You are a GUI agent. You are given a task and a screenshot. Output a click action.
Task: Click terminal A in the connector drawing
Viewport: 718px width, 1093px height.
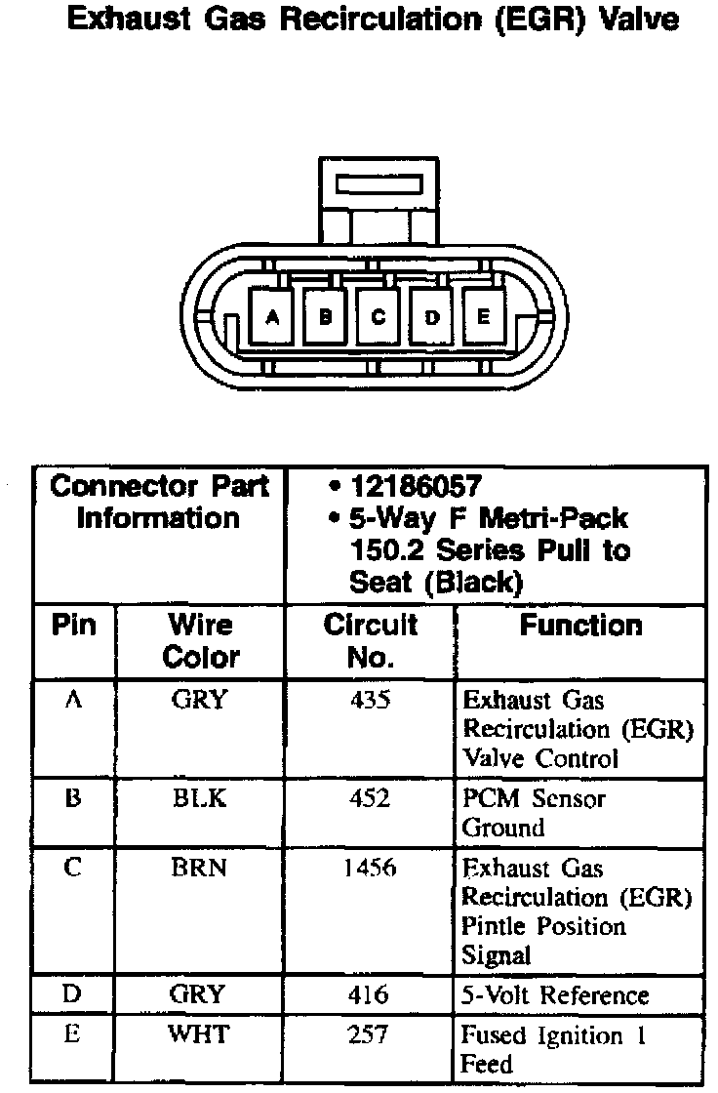[272, 315]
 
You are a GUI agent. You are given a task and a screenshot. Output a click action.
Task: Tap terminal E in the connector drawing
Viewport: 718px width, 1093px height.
[484, 315]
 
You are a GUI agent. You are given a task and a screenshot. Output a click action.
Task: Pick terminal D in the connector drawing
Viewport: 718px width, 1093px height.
[431, 315]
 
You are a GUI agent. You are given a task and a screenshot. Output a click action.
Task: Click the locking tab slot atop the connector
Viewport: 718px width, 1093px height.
[378, 184]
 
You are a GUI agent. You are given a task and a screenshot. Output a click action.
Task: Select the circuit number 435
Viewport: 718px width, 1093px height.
[369, 701]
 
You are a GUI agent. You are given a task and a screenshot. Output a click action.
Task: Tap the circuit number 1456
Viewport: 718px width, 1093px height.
[369, 869]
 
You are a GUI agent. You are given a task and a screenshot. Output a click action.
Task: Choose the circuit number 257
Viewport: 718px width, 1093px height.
[369, 1034]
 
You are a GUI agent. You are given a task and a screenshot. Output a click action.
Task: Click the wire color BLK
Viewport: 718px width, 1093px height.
[199, 799]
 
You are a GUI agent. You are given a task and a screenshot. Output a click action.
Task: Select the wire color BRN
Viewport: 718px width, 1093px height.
[199, 869]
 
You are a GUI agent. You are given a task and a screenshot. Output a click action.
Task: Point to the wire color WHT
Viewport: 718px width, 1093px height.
[199, 1034]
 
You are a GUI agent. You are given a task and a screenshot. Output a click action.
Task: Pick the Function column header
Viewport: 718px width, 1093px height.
[580, 626]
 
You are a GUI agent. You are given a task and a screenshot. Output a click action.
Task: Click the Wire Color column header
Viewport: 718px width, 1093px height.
[200, 640]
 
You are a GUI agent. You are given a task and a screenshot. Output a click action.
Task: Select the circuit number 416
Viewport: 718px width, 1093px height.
[369, 996]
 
